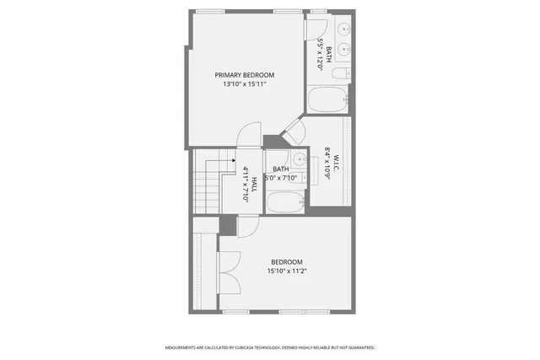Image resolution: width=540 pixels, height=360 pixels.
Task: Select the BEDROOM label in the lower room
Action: point(286,262)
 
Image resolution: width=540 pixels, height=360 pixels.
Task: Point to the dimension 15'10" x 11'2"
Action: point(286,271)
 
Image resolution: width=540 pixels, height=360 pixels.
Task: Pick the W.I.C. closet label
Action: point(335,160)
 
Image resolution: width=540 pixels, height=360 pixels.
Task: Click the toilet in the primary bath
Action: point(340,74)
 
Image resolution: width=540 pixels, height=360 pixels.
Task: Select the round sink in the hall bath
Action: point(299,158)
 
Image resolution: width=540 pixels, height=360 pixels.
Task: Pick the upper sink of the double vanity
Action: point(344,29)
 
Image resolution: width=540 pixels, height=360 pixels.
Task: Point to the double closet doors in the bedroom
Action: point(229,276)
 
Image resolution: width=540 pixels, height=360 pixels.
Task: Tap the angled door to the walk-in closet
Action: point(293,130)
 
